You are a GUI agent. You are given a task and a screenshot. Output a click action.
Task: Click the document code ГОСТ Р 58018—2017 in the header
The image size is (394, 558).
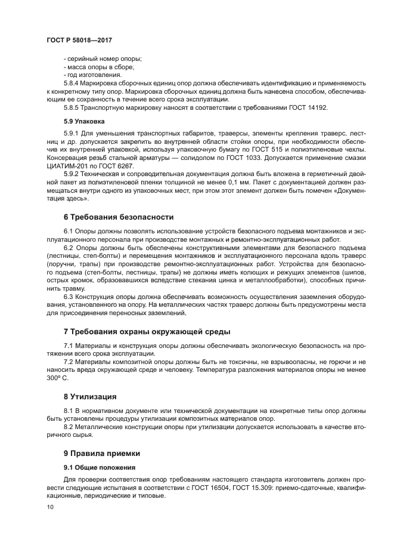pyautogui.click(x=79, y=39)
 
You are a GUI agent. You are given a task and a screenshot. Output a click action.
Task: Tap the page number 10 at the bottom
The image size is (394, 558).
pyautogui.click(x=49, y=507)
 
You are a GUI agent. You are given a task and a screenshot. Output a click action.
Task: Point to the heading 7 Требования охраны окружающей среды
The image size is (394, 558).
pyautogui.click(x=147, y=331)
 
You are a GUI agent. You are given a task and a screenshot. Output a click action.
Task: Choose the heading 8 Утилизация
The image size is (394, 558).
pyautogui.click(x=91, y=396)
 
